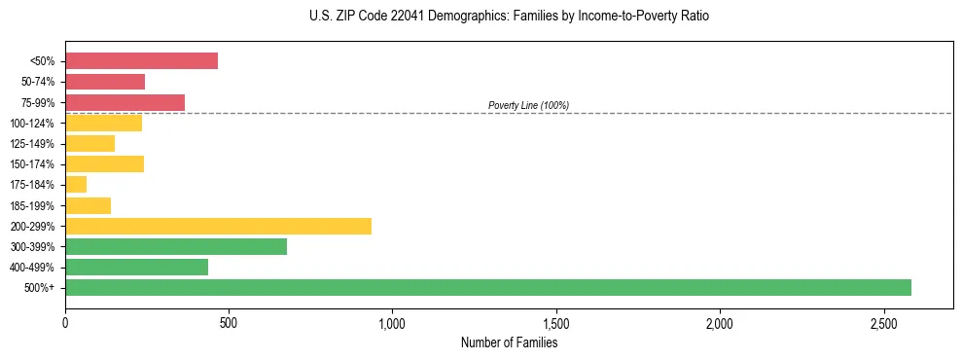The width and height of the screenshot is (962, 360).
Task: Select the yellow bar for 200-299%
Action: (218, 226)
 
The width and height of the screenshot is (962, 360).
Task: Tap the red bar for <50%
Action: (141, 61)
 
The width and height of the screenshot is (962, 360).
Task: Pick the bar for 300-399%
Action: (176, 246)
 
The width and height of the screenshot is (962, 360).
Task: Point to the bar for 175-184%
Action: (76, 185)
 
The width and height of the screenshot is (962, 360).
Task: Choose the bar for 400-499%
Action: (136, 267)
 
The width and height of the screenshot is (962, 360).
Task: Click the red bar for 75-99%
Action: (125, 102)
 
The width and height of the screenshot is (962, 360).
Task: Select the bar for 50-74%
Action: (105, 82)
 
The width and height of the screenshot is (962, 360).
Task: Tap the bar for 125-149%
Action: (89, 144)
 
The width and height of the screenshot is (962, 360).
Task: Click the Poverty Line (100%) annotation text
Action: (528, 105)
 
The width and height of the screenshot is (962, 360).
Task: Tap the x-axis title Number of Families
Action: (509, 342)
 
